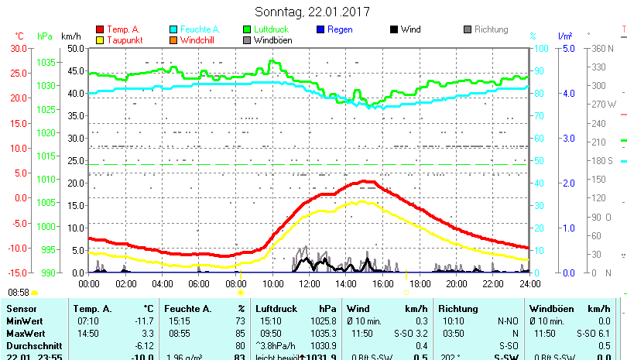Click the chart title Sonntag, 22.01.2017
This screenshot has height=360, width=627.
(313, 12)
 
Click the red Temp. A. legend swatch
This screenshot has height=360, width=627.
(100, 30)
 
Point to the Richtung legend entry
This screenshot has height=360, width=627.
(491, 29)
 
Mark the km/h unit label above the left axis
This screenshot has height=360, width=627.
(70, 36)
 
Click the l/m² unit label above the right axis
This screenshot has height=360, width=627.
(564, 36)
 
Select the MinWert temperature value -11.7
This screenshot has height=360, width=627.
(144, 321)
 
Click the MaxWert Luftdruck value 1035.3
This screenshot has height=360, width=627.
(324, 333)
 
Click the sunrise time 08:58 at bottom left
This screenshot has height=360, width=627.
(19, 293)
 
